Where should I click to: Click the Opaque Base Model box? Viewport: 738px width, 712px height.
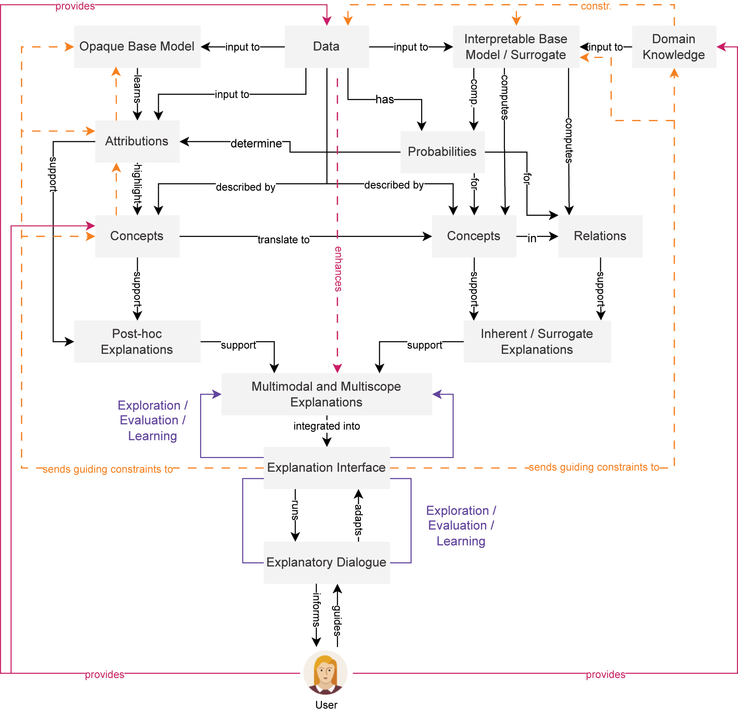click(x=137, y=47)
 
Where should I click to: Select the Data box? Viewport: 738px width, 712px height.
click(x=326, y=47)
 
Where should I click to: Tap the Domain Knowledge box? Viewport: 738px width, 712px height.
click(x=673, y=47)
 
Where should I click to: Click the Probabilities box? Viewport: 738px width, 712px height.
click(x=442, y=152)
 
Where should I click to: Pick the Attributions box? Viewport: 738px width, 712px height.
click(x=137, y=141)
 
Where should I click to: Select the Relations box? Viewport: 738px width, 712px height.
click(x=600, y=236)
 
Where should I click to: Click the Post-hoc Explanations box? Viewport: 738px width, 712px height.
click(x=137, y=342)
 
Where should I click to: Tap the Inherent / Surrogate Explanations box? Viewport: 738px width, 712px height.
click(x=537, y=342)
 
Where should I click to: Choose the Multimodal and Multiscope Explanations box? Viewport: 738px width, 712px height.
click(x=326, y=394)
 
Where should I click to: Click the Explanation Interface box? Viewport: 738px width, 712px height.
click(x=326, y=468)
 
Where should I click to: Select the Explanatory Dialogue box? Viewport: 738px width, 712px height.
click(x=326, y=562)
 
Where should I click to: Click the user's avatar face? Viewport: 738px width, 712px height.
click(x=325, y=672)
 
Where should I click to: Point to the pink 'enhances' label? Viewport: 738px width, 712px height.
click(x=338, y=269)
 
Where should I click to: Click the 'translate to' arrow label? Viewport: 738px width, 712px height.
click(x=283, y=240)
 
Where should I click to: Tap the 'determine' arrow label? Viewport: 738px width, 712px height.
click(x=256, y=144)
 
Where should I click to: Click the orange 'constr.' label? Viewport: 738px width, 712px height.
click(x=595, y=6)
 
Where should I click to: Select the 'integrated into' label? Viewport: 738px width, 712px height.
click(x=326, y=426)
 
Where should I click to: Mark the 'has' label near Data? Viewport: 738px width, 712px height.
click(x=385, y=99)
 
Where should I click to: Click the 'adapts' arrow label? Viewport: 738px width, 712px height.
click(x=359, y=519)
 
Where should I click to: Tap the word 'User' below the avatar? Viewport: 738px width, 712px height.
click(x=326, y=705)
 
